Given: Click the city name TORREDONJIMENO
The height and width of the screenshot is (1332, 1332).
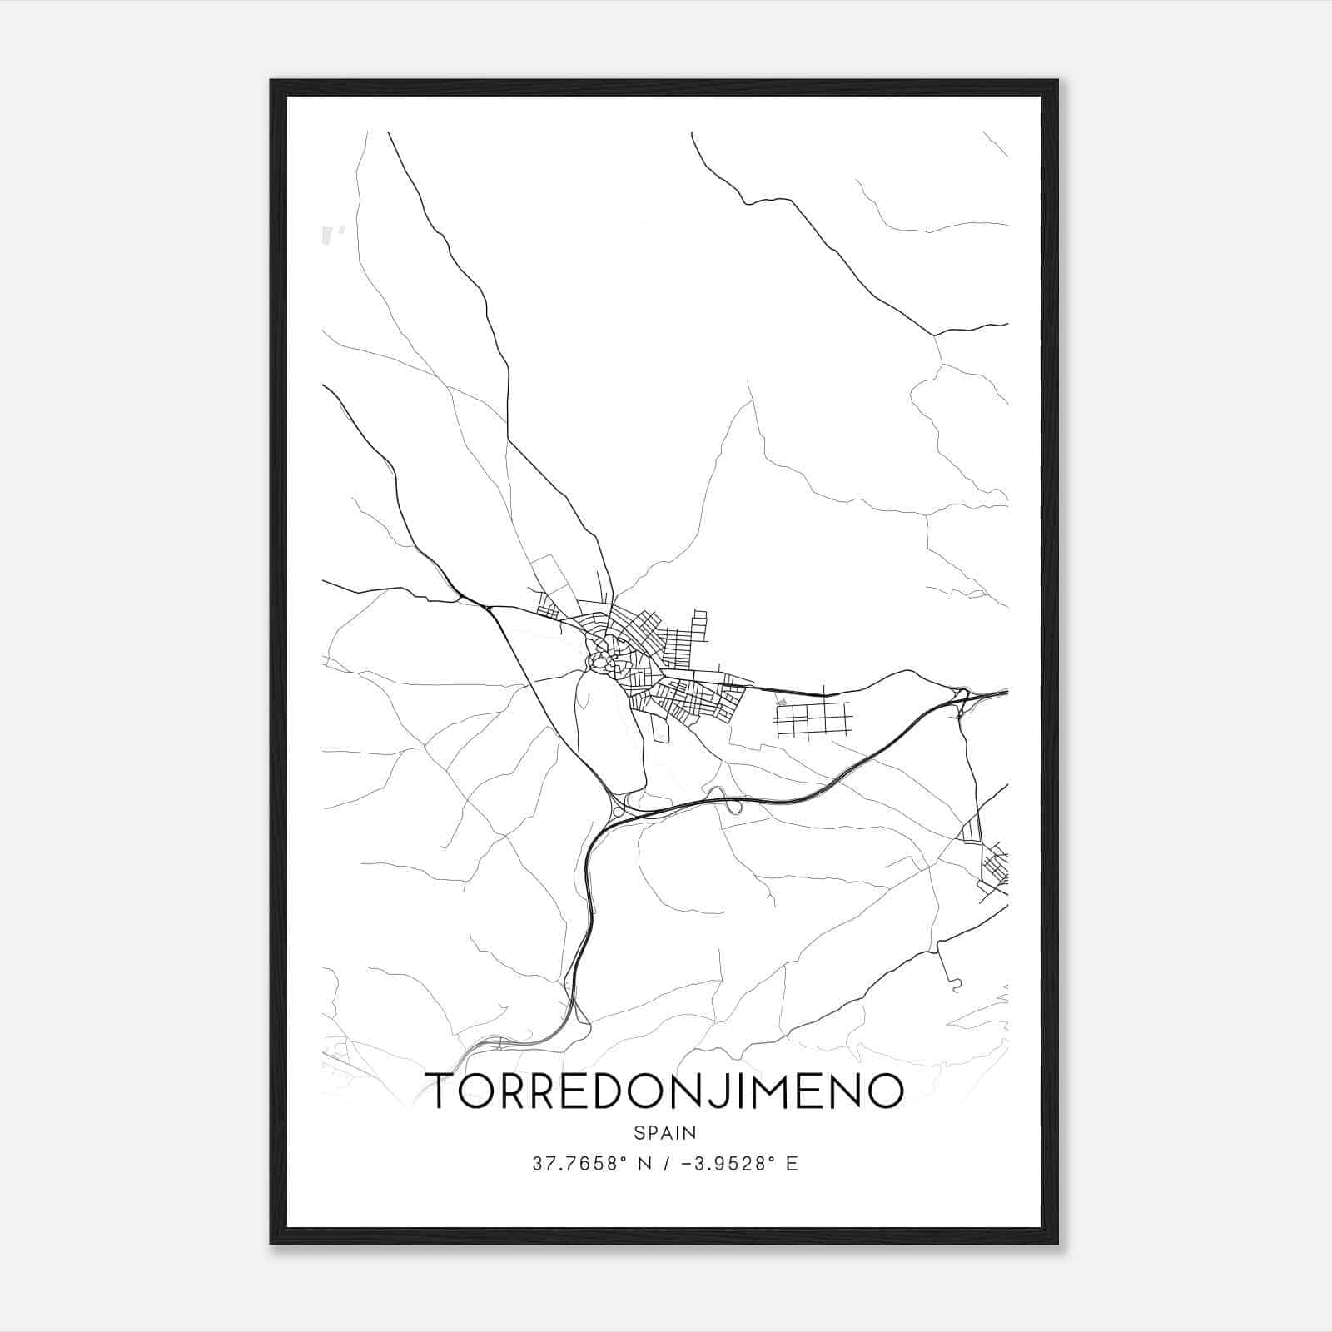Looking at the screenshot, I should click(x=664, y=1090).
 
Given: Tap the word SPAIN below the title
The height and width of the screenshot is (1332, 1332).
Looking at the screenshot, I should click(x=664, y=1133).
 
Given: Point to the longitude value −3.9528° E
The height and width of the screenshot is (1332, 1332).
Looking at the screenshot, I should click(x=739, y=1164).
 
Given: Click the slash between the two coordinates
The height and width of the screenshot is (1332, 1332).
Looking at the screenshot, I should click(x=664, y=1164).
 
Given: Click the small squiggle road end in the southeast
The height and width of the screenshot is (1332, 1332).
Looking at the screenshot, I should click(x=956, y=986).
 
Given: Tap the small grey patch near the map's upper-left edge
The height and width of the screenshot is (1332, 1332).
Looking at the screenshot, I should click(x=331, y=236).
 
